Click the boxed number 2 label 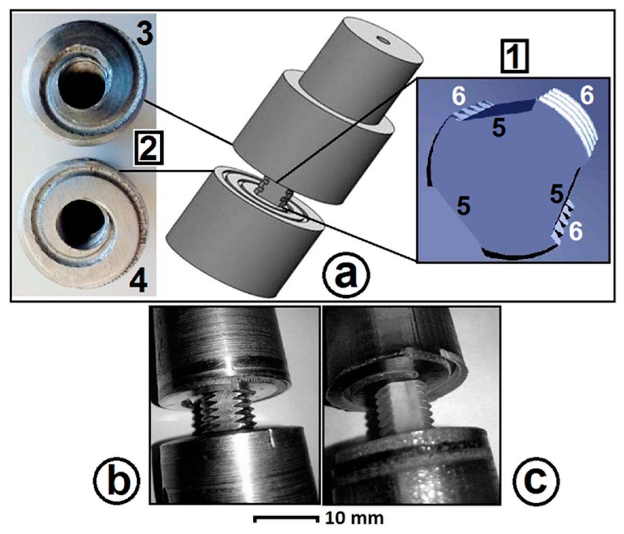click(148, 149)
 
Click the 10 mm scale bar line click(285, 518)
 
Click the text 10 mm click(354, 518)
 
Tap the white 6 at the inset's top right click(587, 96)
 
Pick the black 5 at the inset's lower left click(464, 206)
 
